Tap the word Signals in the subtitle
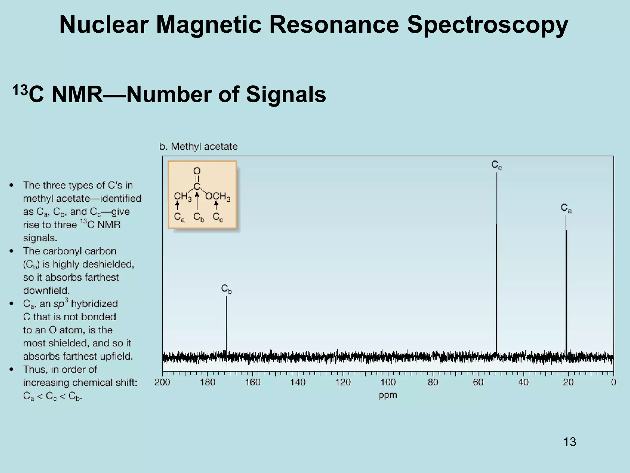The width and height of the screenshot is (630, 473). (286, 95)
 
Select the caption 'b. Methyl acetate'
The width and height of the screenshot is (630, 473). (198, 147)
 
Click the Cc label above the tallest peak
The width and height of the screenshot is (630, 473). (496, 165)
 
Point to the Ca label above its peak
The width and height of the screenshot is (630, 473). (566, 208)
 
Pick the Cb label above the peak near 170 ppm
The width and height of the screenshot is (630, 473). (226, 289)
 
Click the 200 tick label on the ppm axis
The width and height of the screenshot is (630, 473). (162, 382)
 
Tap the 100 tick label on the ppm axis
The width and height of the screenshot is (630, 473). (388, 382)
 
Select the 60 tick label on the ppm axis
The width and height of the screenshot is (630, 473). (478, 382)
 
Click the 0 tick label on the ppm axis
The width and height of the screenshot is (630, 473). (613, 382)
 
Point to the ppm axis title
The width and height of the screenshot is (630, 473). (388, 395)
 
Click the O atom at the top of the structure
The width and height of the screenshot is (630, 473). (197, 171)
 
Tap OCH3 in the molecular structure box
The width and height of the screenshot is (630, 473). (218, 196)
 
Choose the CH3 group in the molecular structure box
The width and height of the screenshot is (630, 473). (182, 196)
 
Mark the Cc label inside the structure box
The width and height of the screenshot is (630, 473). (218, 217)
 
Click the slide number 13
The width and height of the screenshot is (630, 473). (570, 442)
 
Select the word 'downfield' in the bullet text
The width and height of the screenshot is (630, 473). (46, 291)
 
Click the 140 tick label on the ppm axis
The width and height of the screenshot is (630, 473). (298, 382)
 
